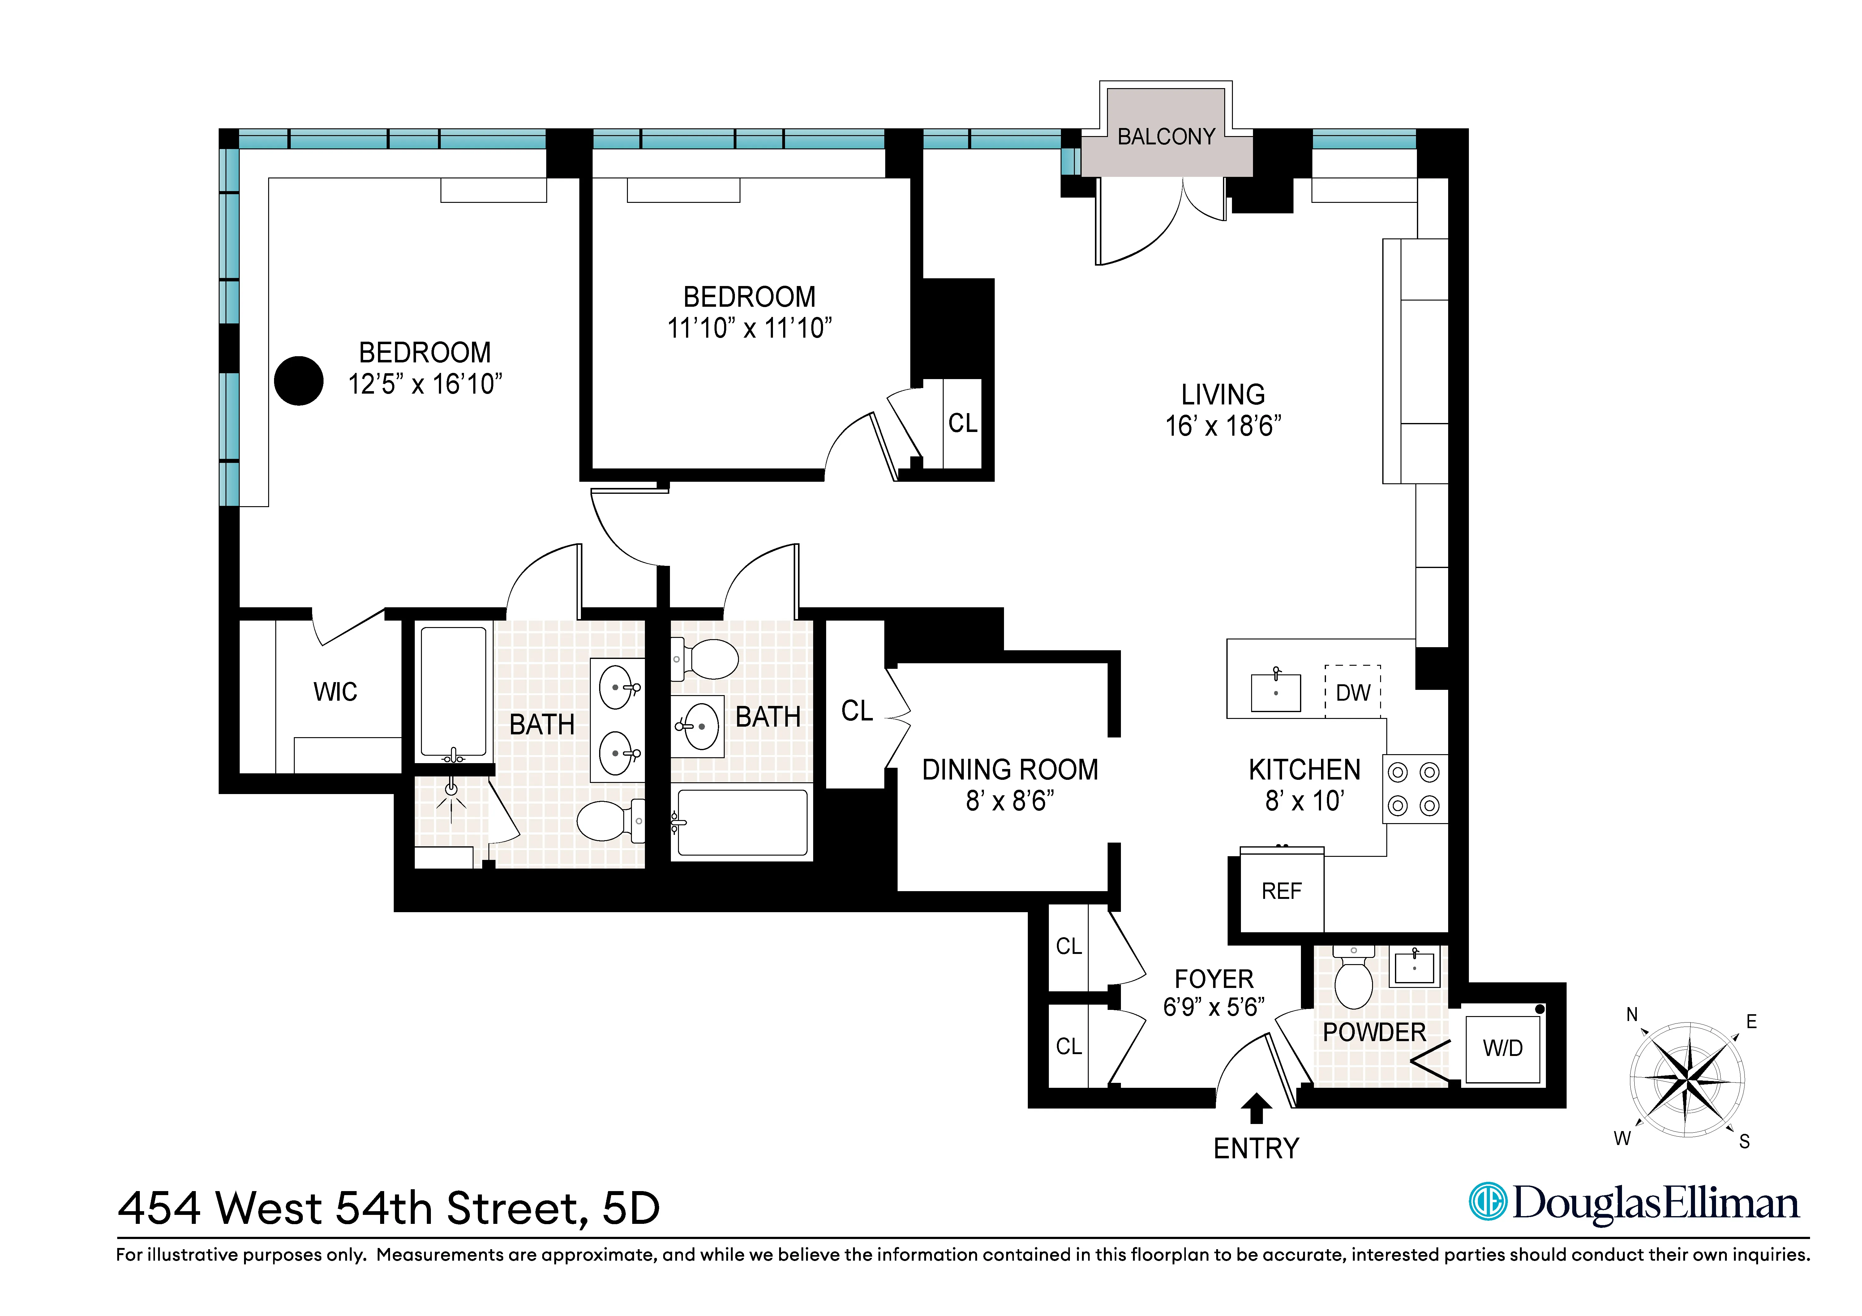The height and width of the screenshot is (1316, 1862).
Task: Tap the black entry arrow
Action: (1256, 1108)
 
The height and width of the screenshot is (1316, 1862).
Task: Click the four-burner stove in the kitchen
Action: (1414, 789)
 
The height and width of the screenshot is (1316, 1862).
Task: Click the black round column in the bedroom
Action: (298, 380)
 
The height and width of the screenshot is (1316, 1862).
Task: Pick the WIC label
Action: (335, 692)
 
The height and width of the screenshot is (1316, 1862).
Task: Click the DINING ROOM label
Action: (1010, 769)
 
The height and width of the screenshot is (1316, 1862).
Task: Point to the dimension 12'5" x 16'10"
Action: (425, 383)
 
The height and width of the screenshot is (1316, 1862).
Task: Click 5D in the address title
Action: (631, 1208)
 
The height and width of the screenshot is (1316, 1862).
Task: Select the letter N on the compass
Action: (1632, 1015)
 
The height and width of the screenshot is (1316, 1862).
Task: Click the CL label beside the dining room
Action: (856, 710)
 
